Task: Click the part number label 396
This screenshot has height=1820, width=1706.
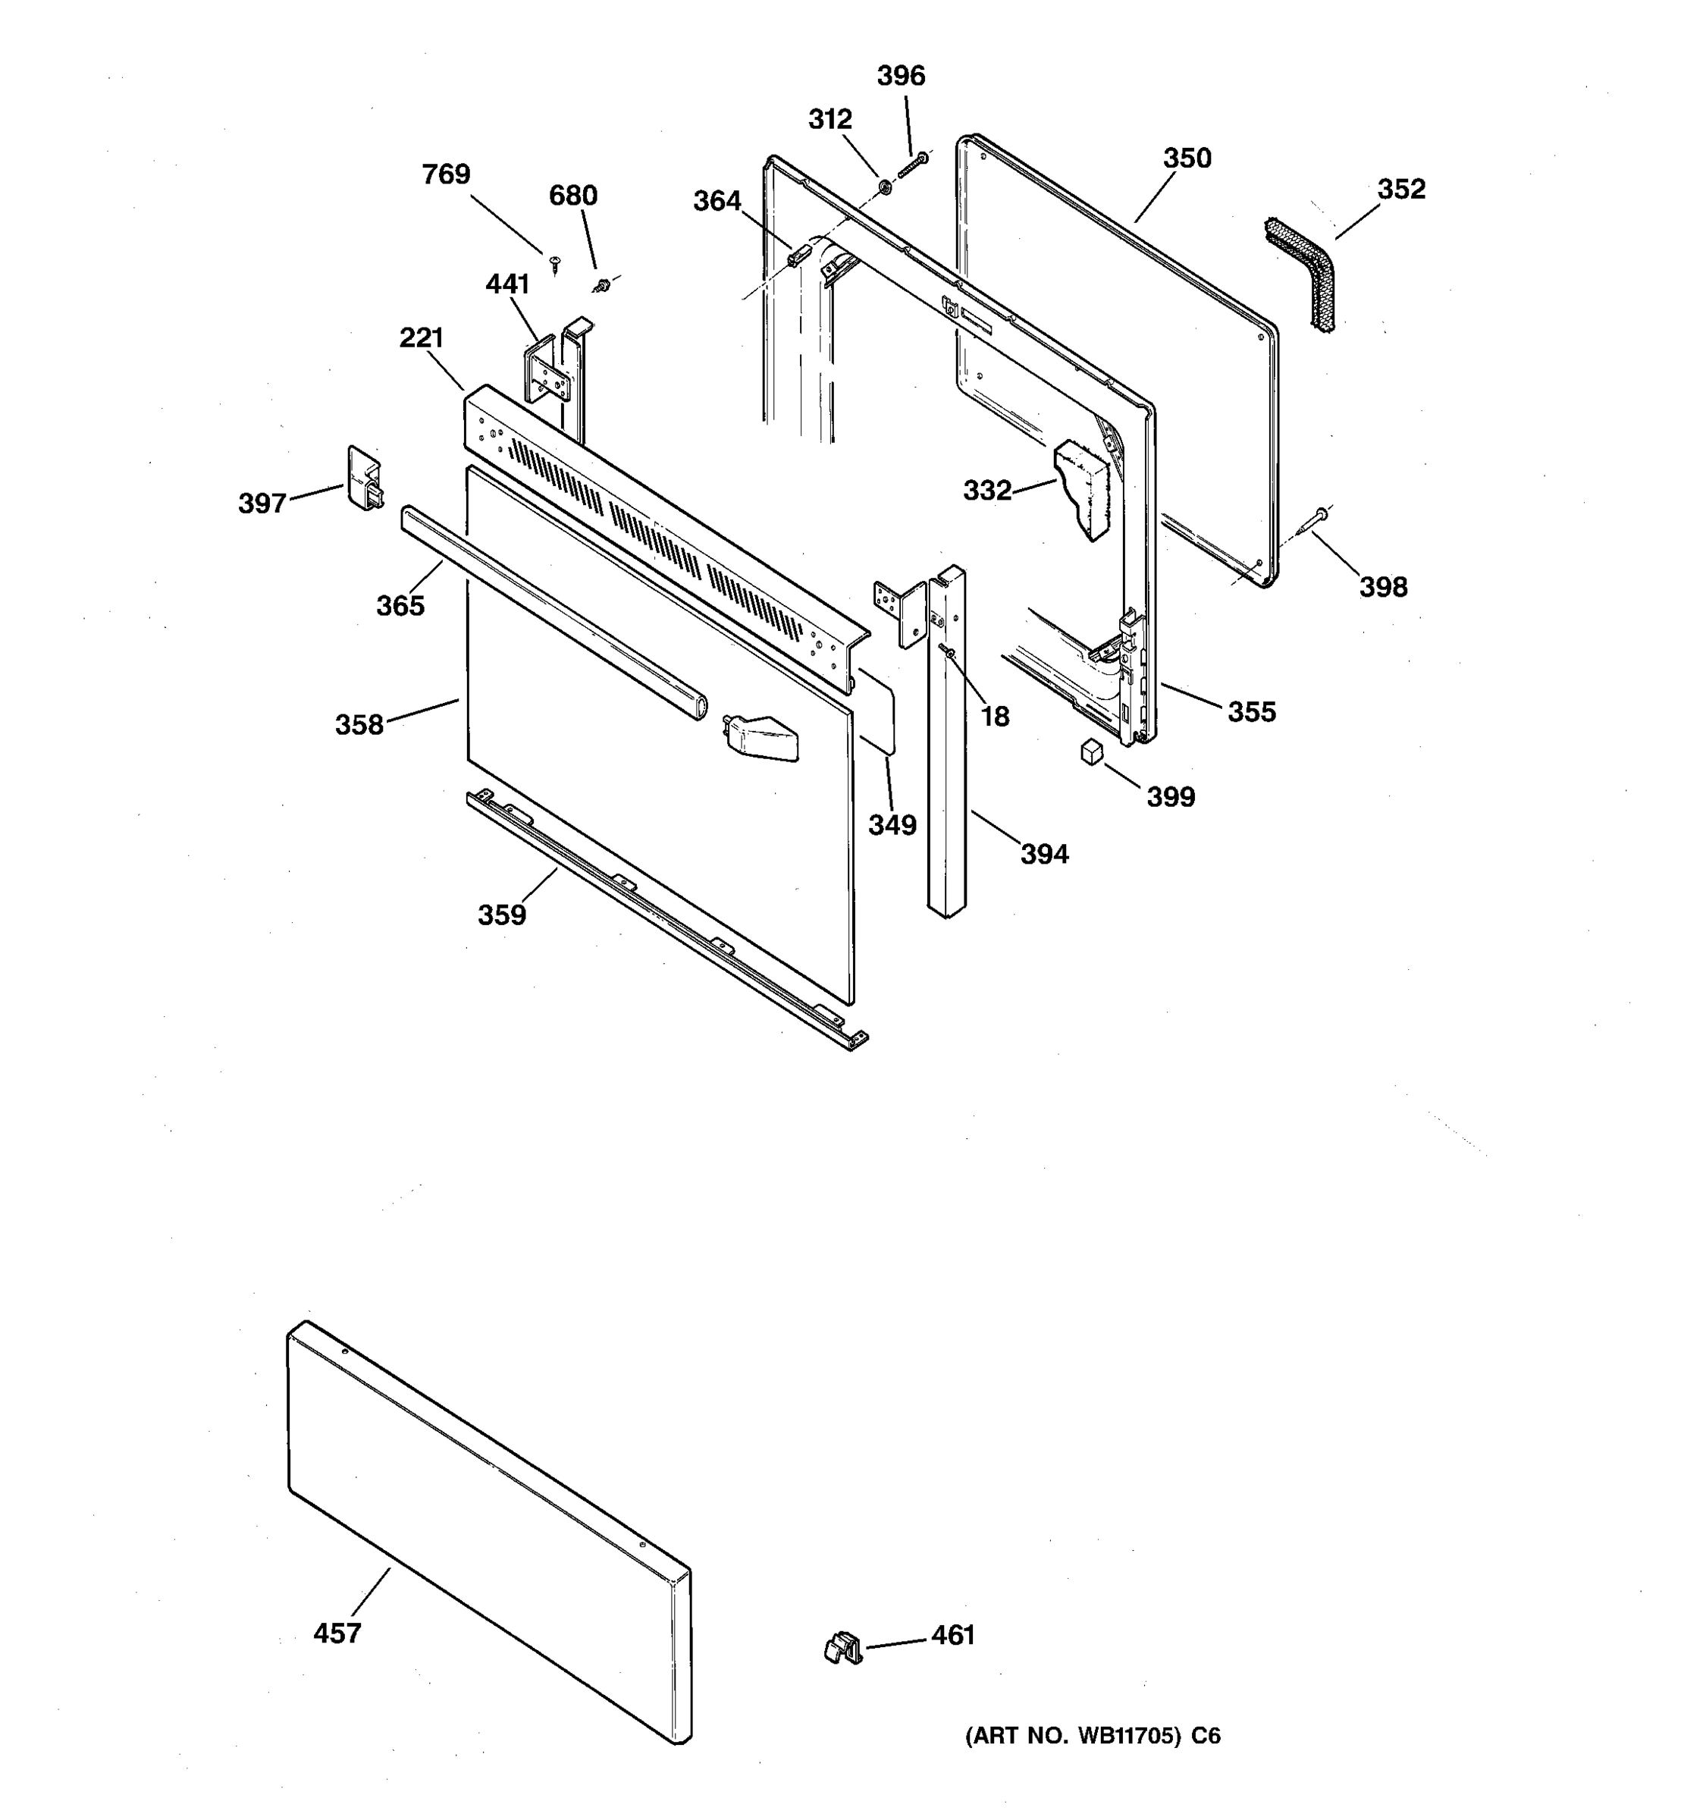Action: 901,76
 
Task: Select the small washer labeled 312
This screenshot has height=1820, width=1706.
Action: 885,187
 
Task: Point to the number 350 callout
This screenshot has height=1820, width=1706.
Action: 1187,158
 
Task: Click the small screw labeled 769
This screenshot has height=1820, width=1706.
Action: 554,265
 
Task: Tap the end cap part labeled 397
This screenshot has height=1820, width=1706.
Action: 363,479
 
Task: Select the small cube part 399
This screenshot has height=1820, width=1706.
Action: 1091,752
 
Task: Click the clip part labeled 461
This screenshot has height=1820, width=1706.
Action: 843,1649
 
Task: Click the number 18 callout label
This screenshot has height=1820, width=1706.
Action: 996,717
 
